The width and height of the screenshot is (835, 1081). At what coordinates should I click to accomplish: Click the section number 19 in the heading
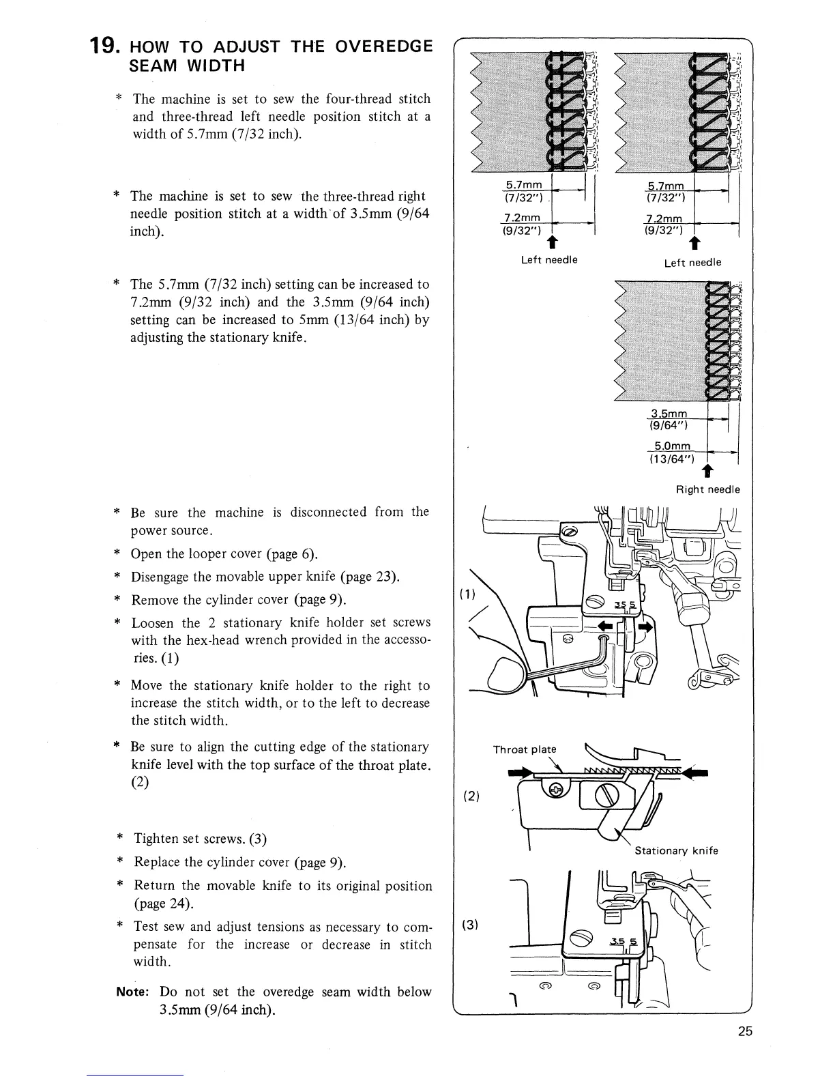pyautogui.click(x=105, y=47)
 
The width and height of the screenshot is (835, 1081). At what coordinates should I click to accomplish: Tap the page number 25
pyautogui.click(x=744, y=1031)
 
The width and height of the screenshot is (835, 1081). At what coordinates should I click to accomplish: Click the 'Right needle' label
pyautogui.click(x=707, y=489)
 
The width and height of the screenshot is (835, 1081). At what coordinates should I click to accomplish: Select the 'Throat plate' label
pyautogui.click(x=525, y=749)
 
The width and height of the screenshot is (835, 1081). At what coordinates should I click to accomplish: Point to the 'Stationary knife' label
pyautogui.click(x=676, y=850)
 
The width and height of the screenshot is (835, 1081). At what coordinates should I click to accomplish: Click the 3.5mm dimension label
pyautogui.click(x=669, y=414)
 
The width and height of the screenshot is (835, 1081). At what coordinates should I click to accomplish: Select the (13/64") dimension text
pyautogui.click(x=671, y=459)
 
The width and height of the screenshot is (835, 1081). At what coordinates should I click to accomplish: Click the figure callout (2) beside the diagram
pyautogui.click(x=471, y=796)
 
